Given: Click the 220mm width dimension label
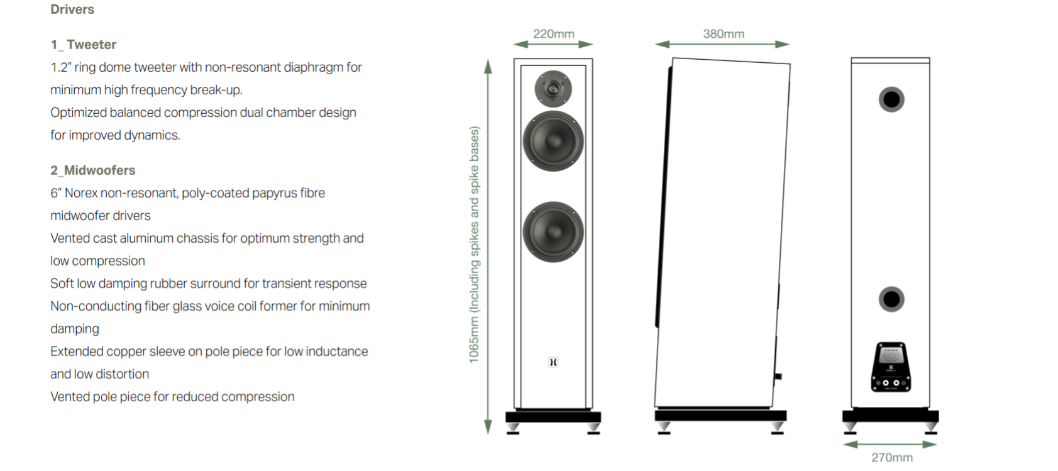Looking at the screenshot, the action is [x=553, y=34].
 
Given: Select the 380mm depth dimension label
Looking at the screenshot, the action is [x=723, y=34].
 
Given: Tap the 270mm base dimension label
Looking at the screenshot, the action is [x=891, y=458].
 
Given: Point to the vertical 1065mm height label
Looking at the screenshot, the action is [x=474, y=245].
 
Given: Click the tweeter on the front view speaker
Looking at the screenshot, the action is [x=553, y=89].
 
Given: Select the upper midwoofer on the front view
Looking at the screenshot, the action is [x=553, y=141].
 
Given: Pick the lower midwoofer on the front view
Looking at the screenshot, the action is [x=553, y=231].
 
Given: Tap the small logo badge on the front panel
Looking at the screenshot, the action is [x=553, y=362].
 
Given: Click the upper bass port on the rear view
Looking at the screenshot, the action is [x=891, y=99].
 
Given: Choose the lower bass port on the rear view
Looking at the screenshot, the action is [x=891, y=299].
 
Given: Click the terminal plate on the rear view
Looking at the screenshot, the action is [x=891, y=367].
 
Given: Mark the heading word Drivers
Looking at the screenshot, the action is [x=72, y=9].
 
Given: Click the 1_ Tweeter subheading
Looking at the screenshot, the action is [x=84, y=45].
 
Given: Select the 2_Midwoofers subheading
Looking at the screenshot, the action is [x=93, y=170].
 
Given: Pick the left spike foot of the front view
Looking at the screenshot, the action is [x=513, y=428].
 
